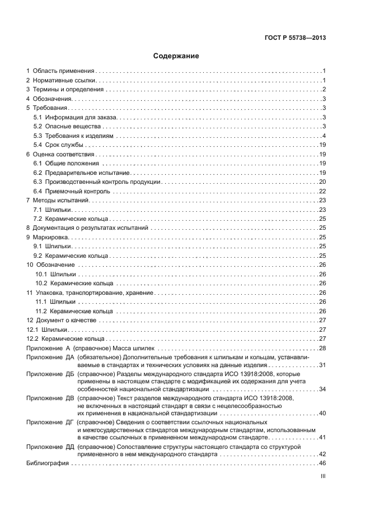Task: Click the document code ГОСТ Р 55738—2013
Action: tap(296, 38)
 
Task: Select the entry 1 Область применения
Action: tap(62, 71)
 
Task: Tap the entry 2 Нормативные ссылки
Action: tap(61, 81)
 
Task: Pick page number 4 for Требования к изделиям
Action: tap(324, 136)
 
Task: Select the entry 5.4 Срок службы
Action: tap(59, 145)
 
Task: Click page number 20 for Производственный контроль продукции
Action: tap(322, 182)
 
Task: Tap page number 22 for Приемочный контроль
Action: tap(322, 191)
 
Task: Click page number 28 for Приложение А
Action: tap(322, 348)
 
